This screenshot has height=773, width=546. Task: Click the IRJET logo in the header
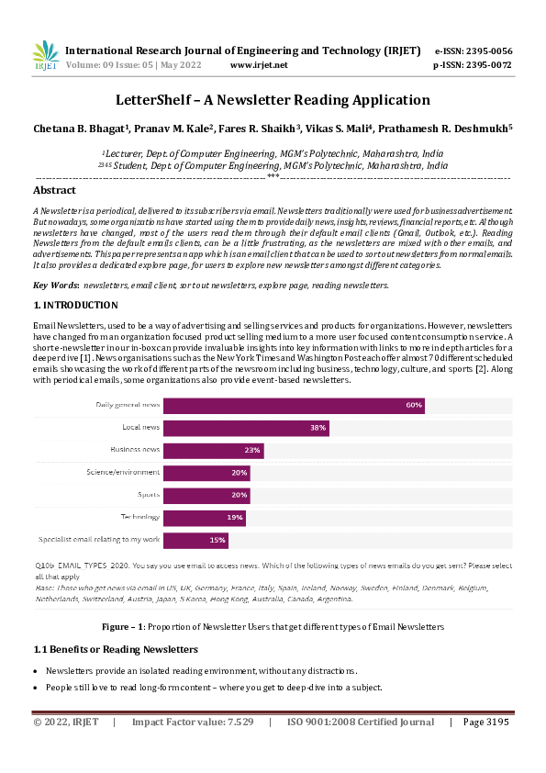click(46, 56)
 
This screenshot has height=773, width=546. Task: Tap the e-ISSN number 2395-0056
click(487, 50)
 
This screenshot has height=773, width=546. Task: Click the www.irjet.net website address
click(259, 65)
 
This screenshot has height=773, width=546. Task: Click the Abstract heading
click(54, 191)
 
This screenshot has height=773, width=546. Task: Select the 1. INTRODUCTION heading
click(75, 305)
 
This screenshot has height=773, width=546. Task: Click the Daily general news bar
click(294, 405)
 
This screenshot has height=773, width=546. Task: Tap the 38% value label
click(318, 428)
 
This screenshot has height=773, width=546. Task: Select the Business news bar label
click(135, 450)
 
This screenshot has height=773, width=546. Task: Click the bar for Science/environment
click(206, 473)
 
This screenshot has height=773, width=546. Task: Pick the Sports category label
click(147, 495)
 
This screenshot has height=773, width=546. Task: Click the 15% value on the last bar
click(217, 540)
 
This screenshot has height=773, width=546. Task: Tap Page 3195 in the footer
click(486, 723)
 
